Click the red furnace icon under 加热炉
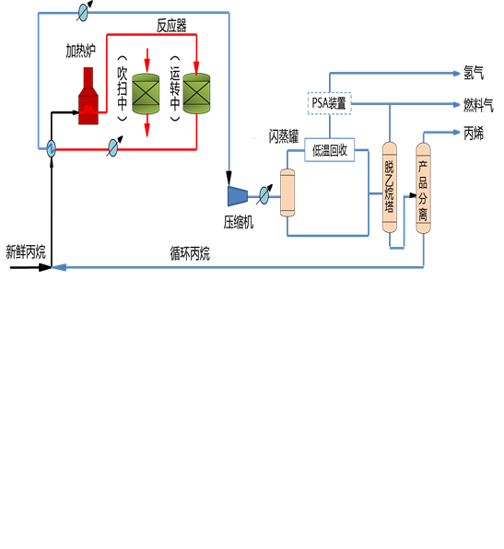pos(88,98)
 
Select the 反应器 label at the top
pos(171,26)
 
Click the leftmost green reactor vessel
pos(147,94)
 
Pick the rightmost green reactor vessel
pos(196,93)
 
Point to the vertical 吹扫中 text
pos(123,90)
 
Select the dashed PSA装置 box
pos(330,103)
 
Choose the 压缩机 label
pos(238,222)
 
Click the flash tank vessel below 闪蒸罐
pos(293,192)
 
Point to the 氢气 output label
pos(473,73)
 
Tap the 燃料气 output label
pos(477,104)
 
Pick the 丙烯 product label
pos(473,134)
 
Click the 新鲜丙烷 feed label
pos(25,251)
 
